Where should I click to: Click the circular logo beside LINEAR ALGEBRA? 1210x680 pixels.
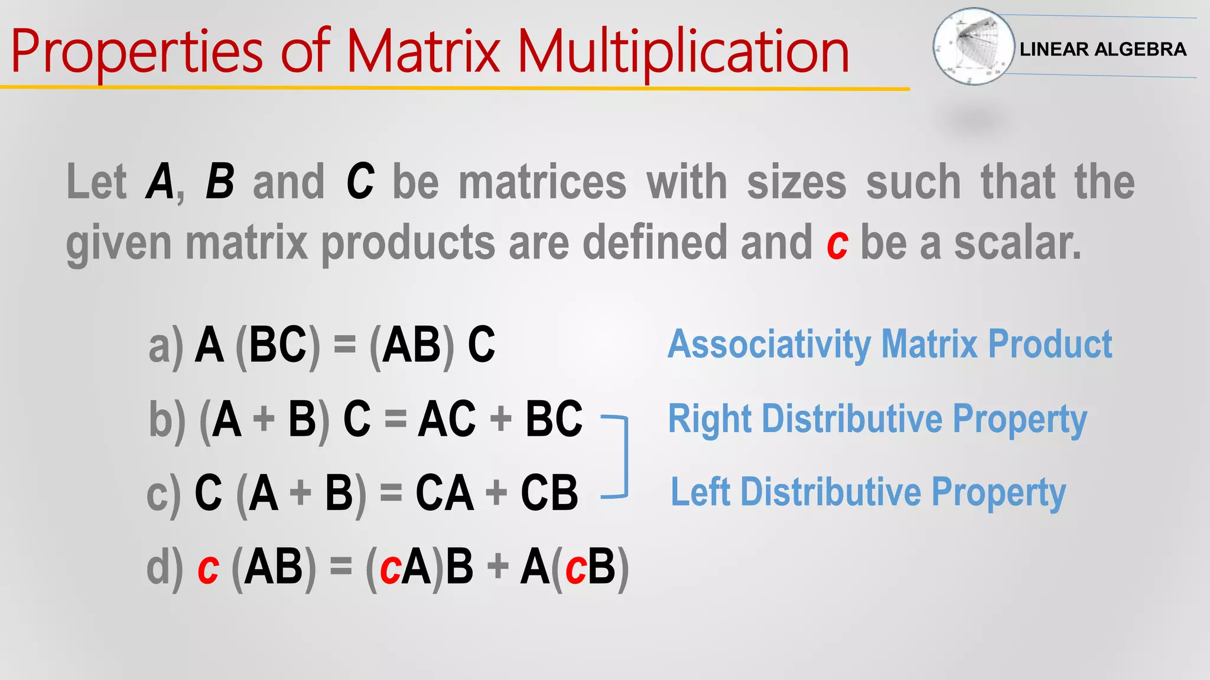pyautogui.click(x=972, y=46)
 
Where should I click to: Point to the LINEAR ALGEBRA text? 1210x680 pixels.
pyautogui.click(x=1102, y=49)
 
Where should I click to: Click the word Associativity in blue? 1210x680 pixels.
pyautogui.click(x=767, y=345)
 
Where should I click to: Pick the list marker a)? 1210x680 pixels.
pyautogui.click(x=165, y=346)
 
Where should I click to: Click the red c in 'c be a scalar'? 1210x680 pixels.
pyautogui.click(x=837, y=243)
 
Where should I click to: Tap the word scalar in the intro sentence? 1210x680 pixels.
pyautogui.click(x=1017, y=243)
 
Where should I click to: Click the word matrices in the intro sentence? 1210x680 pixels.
pyautogui.click(x=542, y=182)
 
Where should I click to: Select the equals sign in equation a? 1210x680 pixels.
pyautogui.click(x=345, y=345)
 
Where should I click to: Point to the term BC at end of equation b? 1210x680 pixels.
pyautogui.click(x=554, y=419)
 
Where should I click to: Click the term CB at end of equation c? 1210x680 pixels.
pyautogui.click(x=549, y=493)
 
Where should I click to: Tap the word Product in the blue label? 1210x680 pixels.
pyautogui.click(x=1050, y=345)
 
